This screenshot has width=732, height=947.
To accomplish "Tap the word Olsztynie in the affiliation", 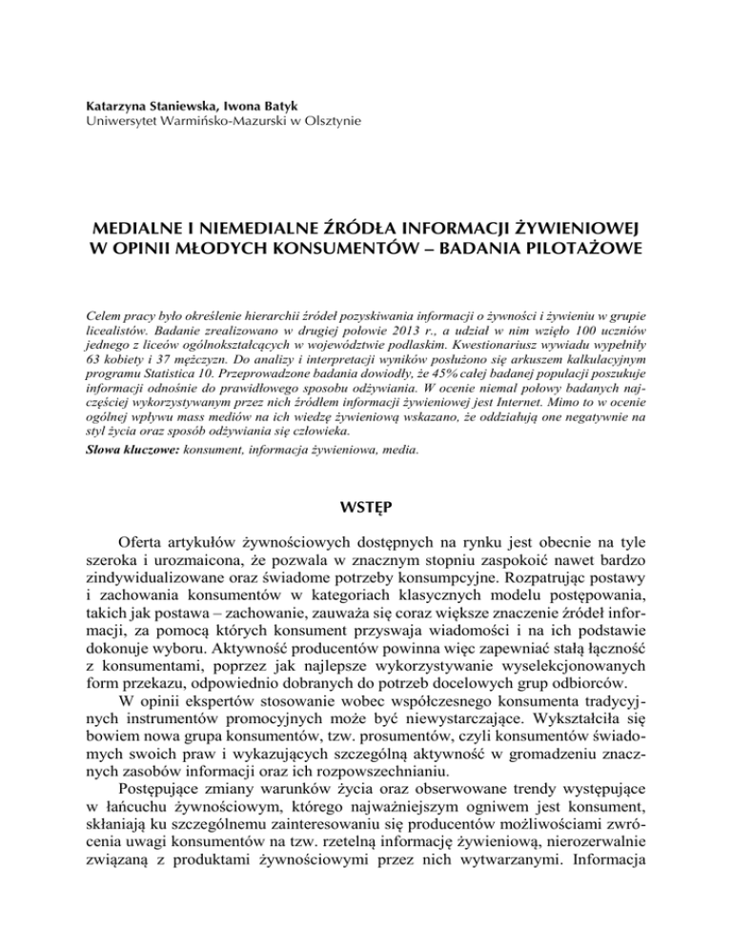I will click(328, 121).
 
